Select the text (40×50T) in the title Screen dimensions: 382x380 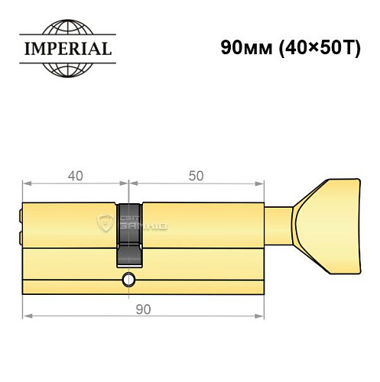coord(311,46)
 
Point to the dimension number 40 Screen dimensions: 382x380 coord(74,175)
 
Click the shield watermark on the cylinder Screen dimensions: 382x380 coord(106,224)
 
